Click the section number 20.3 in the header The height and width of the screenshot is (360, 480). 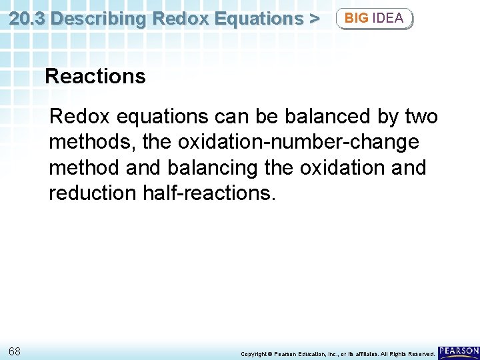click(x=27, y=18)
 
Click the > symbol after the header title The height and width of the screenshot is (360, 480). click(x=313, y=18)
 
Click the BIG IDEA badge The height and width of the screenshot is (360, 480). click(x=374, y=18)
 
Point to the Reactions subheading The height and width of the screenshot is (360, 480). click(x=95, y=77)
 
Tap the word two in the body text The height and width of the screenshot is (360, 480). click(x=421, y=117)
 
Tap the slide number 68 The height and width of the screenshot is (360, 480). click(x=15, y=351)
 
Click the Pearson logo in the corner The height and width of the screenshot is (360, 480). click(x=459, y=351)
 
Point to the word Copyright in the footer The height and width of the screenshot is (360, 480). click(x=254, y=354)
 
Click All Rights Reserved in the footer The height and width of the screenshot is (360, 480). click(x=407, y=354)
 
